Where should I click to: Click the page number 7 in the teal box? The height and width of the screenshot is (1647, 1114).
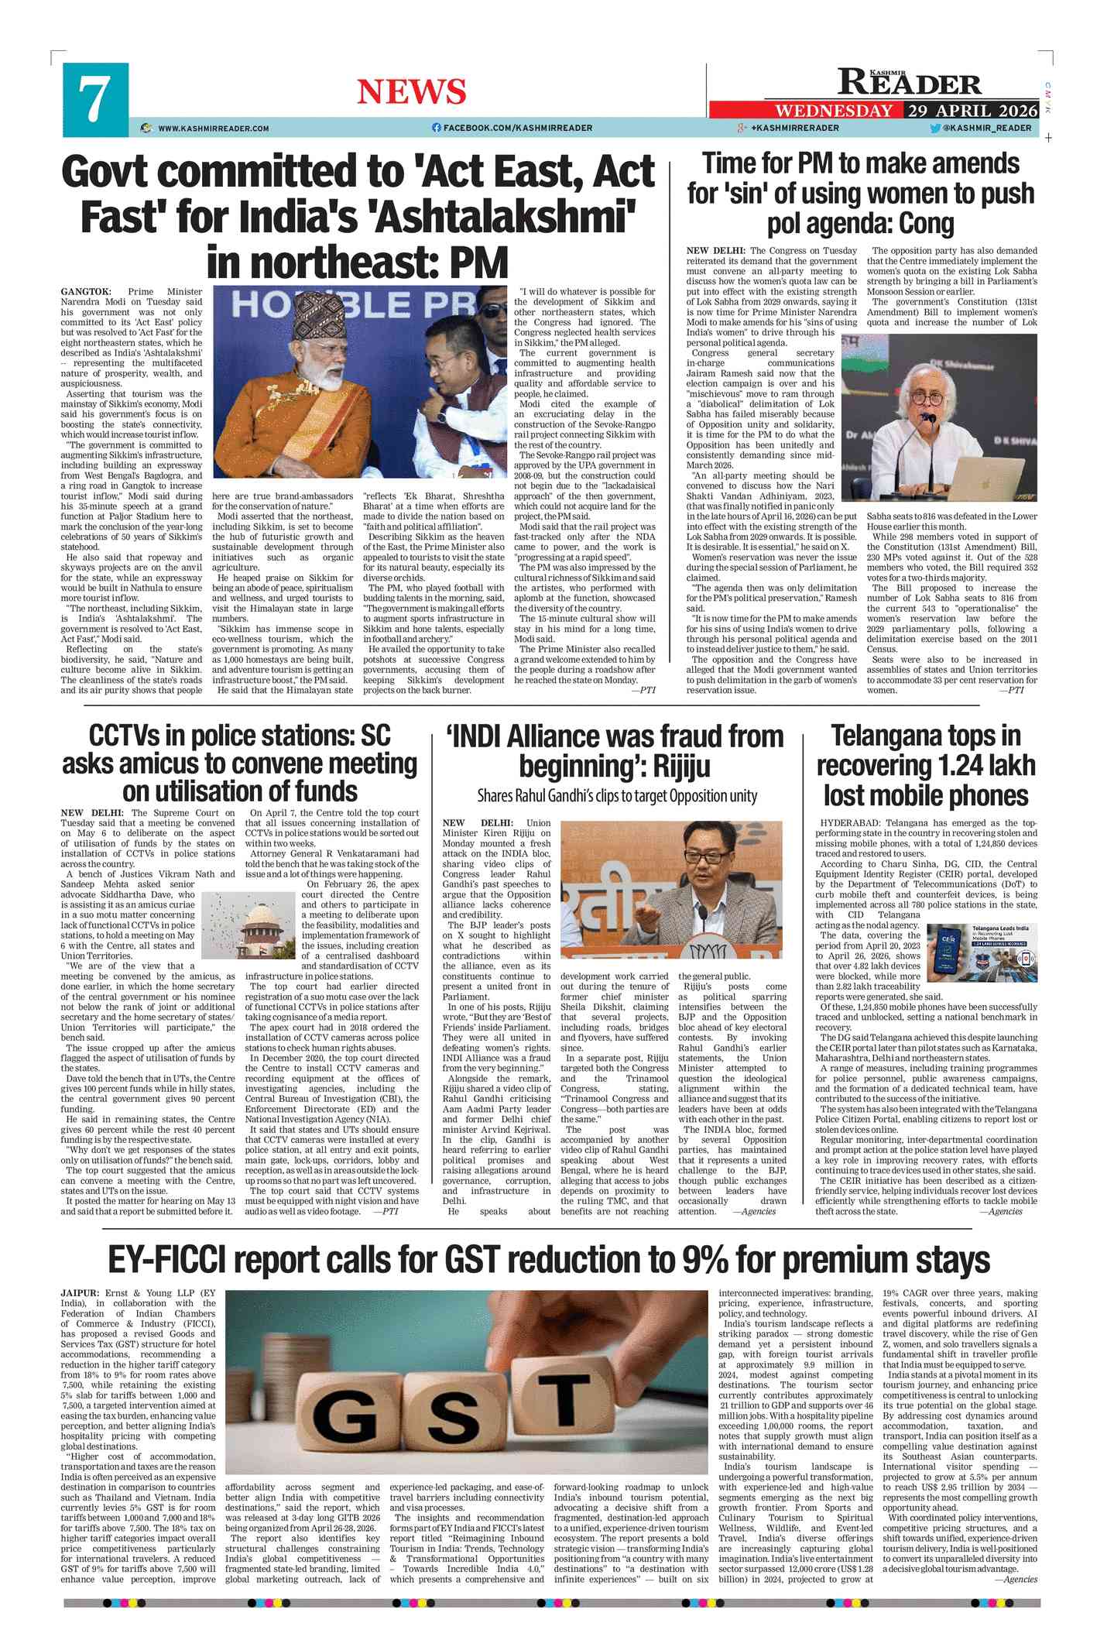[94, 101]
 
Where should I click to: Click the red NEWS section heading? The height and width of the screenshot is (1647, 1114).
[411, 92]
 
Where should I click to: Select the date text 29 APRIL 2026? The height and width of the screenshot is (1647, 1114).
[972, 110]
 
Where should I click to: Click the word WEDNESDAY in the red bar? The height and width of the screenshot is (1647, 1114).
[834, 110]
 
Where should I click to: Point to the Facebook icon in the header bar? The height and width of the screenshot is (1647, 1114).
[437, 128]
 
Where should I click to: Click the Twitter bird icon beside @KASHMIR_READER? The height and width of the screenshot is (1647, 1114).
[935, 128]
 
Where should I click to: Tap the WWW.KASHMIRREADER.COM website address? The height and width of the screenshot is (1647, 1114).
[214, 129]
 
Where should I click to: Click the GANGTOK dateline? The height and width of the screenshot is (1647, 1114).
[86, 292]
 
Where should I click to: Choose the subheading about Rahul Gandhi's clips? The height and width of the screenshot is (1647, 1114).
[617, 796]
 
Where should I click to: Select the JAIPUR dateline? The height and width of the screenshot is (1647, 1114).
[80, 1293]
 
